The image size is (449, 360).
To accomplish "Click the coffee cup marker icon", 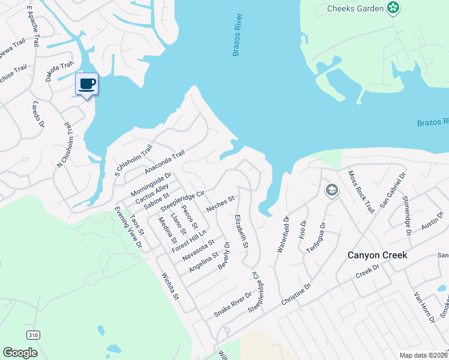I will [x=87, y=83].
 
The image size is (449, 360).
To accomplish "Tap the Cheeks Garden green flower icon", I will [x=393, y=8].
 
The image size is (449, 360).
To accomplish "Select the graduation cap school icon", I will [x=331, y=190].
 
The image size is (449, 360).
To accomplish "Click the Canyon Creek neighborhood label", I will [x=378, y=255].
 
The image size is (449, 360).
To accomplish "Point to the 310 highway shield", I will [x=33, y=334].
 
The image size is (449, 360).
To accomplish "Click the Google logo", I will [x=20, y=353].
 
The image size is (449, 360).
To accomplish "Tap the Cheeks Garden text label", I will [x=355, y=8].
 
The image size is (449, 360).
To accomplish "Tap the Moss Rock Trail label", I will [x=361, y=191].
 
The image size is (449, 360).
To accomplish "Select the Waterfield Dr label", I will [x=282, y=235].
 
